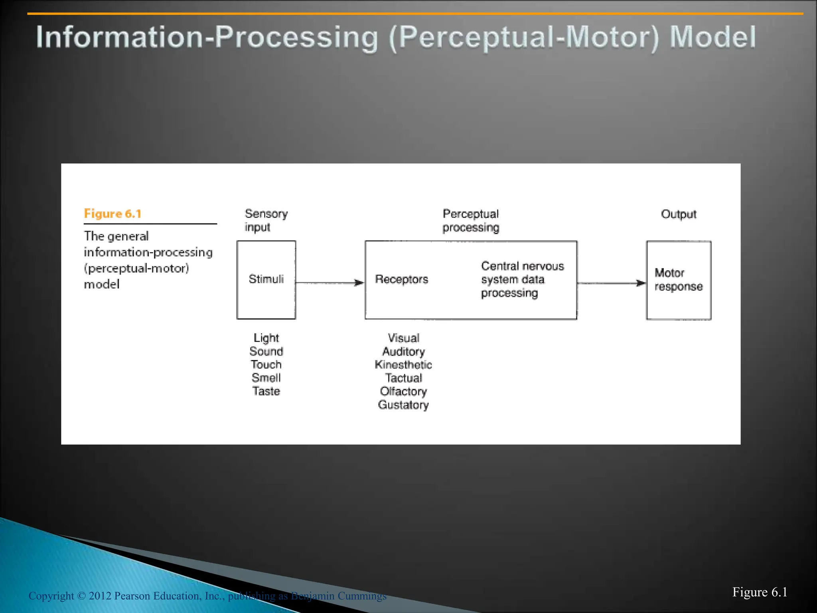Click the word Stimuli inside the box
point(266,279)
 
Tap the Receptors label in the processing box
point(401,279)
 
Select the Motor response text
point(678,279)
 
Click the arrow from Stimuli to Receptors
point(330,283)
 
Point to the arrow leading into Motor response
point(611,283)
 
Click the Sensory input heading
point(266,220)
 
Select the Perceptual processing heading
point(471,221)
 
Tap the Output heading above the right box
point(679,214)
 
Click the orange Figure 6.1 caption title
point(112,214)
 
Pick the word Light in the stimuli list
point(266,338)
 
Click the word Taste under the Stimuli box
point(266,391)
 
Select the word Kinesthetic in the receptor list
point(403,365)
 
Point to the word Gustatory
point(403,405)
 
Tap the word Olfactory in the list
point(403,392)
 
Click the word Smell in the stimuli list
point(266,378)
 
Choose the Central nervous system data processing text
point(522,279)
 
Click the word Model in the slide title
point(712,37)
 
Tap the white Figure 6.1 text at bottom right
point(760,592)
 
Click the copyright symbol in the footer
point(81,596)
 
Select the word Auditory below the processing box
point(403,352)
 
